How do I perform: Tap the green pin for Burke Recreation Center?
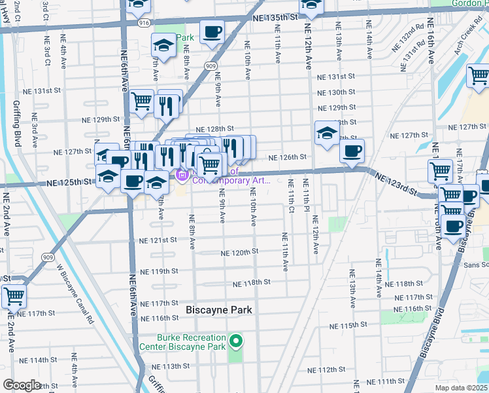pos(237,341)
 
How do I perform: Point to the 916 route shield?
pos(143,22)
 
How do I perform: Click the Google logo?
pos(22,385)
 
